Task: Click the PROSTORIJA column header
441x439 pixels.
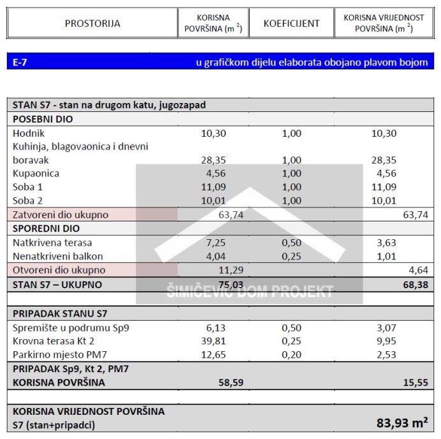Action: (92, 24)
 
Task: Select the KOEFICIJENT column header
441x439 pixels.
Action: (291, 24)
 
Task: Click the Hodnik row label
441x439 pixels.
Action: (27, 134)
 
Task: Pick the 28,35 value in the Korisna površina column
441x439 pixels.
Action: (213, 160)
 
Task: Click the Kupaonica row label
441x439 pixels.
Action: (36, 174)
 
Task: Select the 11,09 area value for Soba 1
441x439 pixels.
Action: (213, 187)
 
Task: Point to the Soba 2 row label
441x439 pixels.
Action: (28, 200)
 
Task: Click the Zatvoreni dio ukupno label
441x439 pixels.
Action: (61, 215)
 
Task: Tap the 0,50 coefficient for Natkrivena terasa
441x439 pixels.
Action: (291, 243)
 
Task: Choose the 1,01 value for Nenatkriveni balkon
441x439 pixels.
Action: (383, 256)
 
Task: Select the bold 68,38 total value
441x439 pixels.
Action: (416, 284)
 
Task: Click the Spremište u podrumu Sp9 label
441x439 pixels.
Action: (75, 328)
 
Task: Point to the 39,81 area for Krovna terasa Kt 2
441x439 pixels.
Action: (213, 341)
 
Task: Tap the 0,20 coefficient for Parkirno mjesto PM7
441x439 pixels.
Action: (291, 354)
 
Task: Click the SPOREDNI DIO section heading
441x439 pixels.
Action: (46, 228)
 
